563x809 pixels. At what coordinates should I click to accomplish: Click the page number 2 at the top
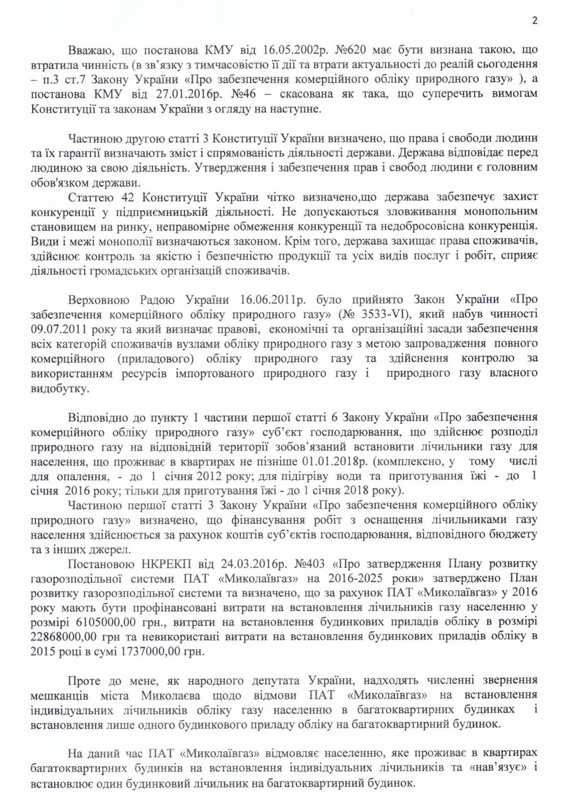pos(534,21)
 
